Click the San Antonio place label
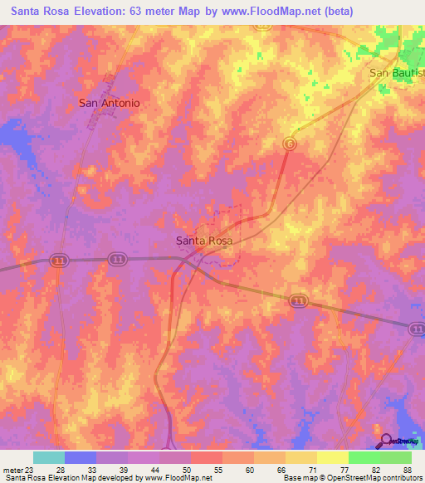click(109, 104)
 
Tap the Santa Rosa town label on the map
click(204, 241)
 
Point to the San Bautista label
click(397, 73)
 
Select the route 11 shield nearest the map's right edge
click(417, 329)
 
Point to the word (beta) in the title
click(340, 12)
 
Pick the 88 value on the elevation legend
click(406, 469)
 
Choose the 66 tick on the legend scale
click(281, 469)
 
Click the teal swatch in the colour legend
click(49, 457)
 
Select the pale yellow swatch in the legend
click(333, 457)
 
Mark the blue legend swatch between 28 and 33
click(81, 457)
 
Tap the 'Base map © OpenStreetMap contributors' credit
click(353, 478)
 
